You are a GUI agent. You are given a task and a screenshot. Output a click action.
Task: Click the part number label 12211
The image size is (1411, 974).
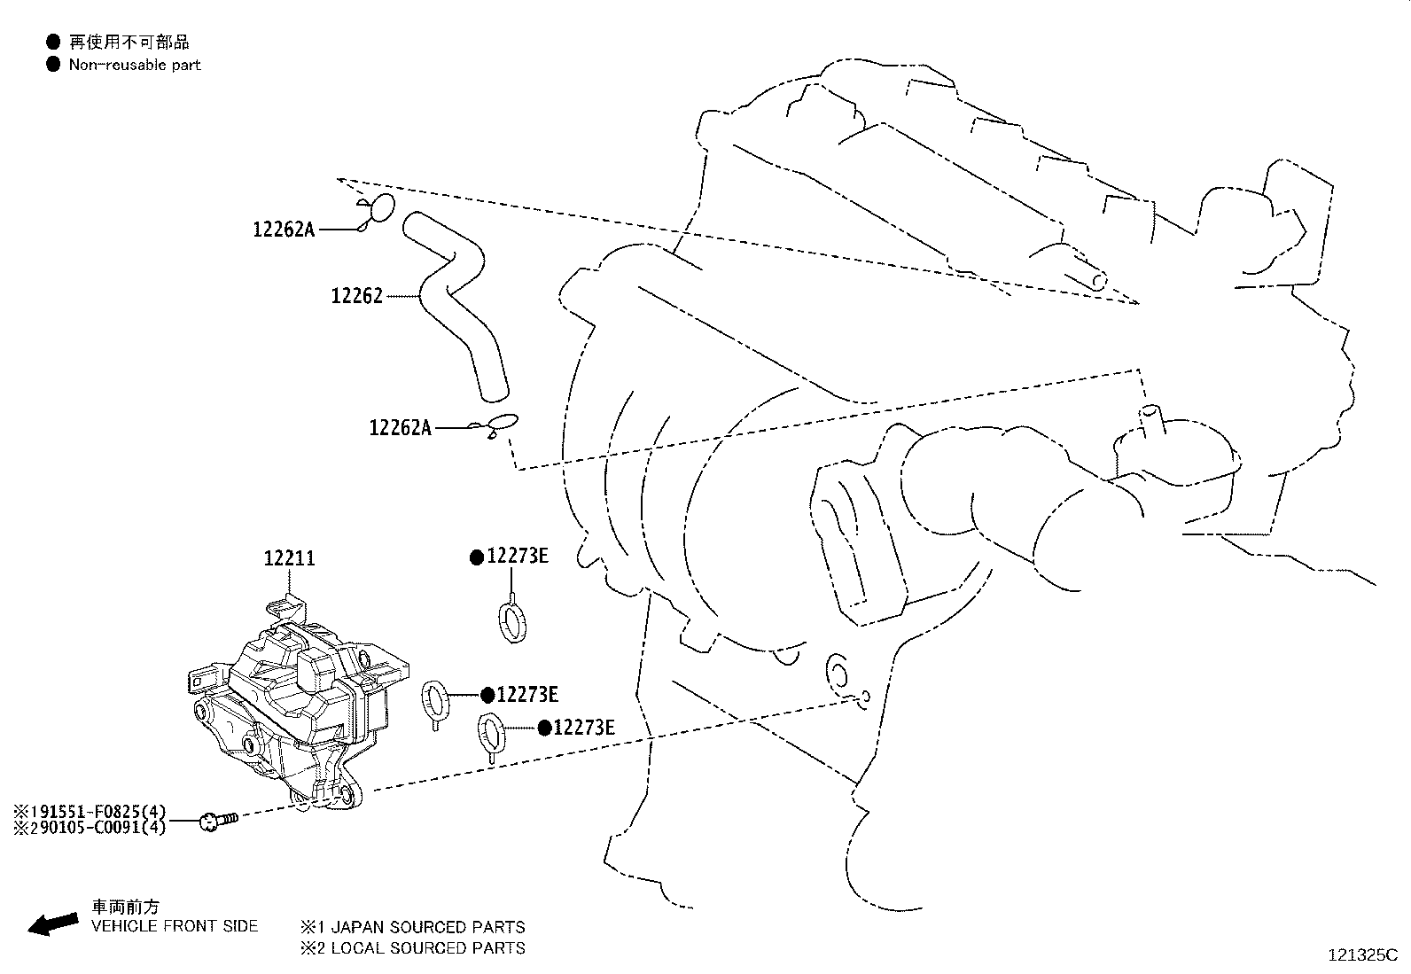[289, 558]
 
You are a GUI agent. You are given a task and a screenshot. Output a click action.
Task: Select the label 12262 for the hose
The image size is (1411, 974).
[356, 296]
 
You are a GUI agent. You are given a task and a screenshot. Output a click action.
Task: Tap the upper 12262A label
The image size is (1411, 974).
[284, 230]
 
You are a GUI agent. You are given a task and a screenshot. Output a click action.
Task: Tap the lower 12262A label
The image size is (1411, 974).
[400, 428]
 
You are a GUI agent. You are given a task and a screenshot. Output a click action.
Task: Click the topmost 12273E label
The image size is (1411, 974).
[518, 557]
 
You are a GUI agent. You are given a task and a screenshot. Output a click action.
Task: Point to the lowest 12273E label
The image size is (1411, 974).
[583, 728]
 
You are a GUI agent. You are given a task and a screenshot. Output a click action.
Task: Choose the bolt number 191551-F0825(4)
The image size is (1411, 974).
[90, 811]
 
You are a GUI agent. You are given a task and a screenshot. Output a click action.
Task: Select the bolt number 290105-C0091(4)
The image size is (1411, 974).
[90, 829]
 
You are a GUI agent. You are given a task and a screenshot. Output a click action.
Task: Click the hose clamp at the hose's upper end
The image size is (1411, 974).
[378, 210]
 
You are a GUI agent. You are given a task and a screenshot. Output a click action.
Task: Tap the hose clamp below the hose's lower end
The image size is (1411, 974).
[500, 425]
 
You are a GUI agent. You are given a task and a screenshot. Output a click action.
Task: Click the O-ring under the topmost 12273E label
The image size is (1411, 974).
[510, 621]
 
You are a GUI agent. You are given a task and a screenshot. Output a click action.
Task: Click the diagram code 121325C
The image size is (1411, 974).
[1361, 955]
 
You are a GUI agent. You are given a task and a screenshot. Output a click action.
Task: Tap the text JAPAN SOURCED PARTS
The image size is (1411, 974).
[421, 927]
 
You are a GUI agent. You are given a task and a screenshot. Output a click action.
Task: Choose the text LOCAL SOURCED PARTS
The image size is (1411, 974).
[421, 948]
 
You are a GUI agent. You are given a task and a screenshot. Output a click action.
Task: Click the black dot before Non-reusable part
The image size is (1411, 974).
[53, 64]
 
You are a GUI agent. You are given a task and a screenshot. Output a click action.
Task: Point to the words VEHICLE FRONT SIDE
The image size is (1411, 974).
[175, 926]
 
